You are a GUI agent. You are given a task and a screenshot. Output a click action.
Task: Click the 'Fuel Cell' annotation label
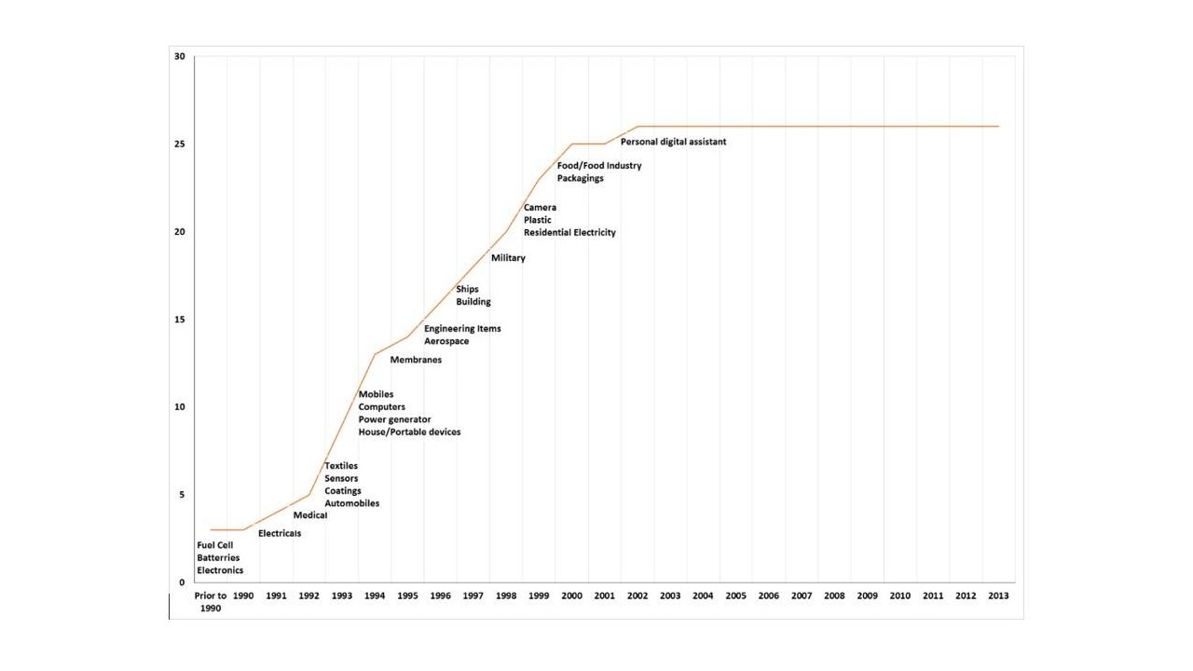click(214, 545)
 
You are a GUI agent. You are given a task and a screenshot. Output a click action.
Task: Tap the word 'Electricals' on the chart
click(280, 534)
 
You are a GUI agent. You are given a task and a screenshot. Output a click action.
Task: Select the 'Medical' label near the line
click(310, 515)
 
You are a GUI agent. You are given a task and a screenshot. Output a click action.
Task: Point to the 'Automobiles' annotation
click(351, 503)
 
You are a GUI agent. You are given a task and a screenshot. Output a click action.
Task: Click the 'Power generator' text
click(394, 419)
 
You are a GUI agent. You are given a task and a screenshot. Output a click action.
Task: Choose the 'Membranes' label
click(416, 360)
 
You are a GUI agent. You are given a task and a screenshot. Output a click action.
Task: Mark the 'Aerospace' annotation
click(446, 341)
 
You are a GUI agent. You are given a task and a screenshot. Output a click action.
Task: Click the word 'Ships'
click(467, 289)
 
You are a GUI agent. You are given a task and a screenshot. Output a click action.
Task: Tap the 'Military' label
click(508, 258)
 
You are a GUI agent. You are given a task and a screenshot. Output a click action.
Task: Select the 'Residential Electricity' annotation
click(569, 233)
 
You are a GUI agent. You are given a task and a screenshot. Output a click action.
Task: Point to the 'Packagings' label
click(580, 178)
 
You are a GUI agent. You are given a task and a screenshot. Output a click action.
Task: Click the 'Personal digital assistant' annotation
click(673, 142)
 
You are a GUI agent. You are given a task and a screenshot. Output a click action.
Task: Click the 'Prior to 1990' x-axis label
click(211, 601)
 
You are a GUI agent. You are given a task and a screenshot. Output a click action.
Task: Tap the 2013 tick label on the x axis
click(997, 596)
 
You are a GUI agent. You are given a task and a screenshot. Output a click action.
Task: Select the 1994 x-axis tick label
click(375, 596)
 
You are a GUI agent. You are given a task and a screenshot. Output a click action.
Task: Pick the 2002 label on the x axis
click(637, 596)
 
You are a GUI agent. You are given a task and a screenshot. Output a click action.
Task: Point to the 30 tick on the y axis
click(180, 57)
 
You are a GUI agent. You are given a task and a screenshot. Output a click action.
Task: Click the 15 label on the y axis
click(180, 320)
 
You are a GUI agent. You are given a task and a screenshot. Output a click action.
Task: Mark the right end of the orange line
click(998, 127)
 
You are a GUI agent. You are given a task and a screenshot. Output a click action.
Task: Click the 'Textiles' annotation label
click(340, 466)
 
